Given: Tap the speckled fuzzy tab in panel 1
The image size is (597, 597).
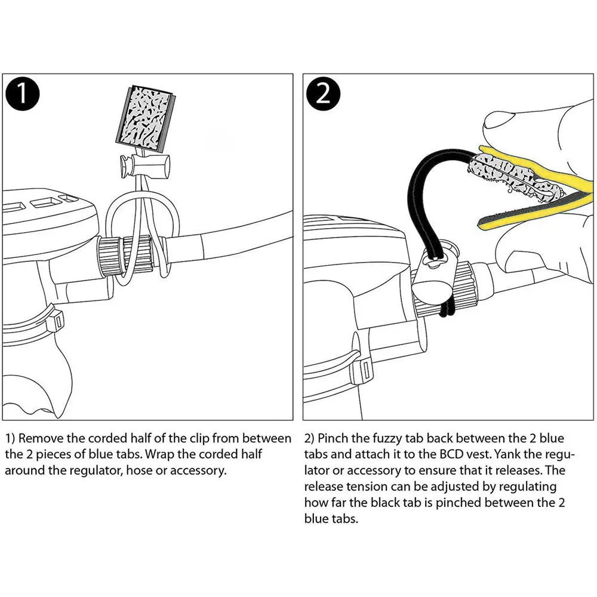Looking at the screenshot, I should pos(145,117).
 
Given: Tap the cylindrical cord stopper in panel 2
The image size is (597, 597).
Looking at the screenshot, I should pos(432,276).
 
